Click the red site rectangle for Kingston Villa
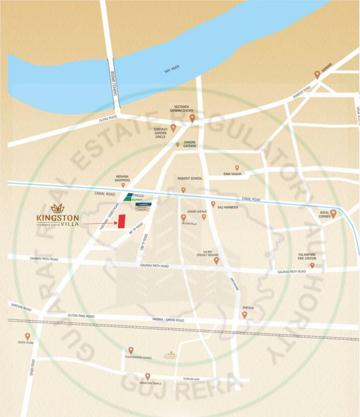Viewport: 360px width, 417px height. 122,222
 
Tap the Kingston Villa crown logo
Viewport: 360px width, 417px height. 57,208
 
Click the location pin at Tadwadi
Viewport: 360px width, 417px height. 317,75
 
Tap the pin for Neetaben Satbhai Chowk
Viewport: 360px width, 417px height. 192,118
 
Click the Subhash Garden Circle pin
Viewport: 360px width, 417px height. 173,128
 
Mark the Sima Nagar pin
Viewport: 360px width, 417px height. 237,168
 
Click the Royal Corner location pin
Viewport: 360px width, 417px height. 333,214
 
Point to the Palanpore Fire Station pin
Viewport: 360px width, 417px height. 312,265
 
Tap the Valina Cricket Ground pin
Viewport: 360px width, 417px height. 216,261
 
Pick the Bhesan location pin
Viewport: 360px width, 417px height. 244,314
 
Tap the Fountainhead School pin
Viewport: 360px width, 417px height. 131,350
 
